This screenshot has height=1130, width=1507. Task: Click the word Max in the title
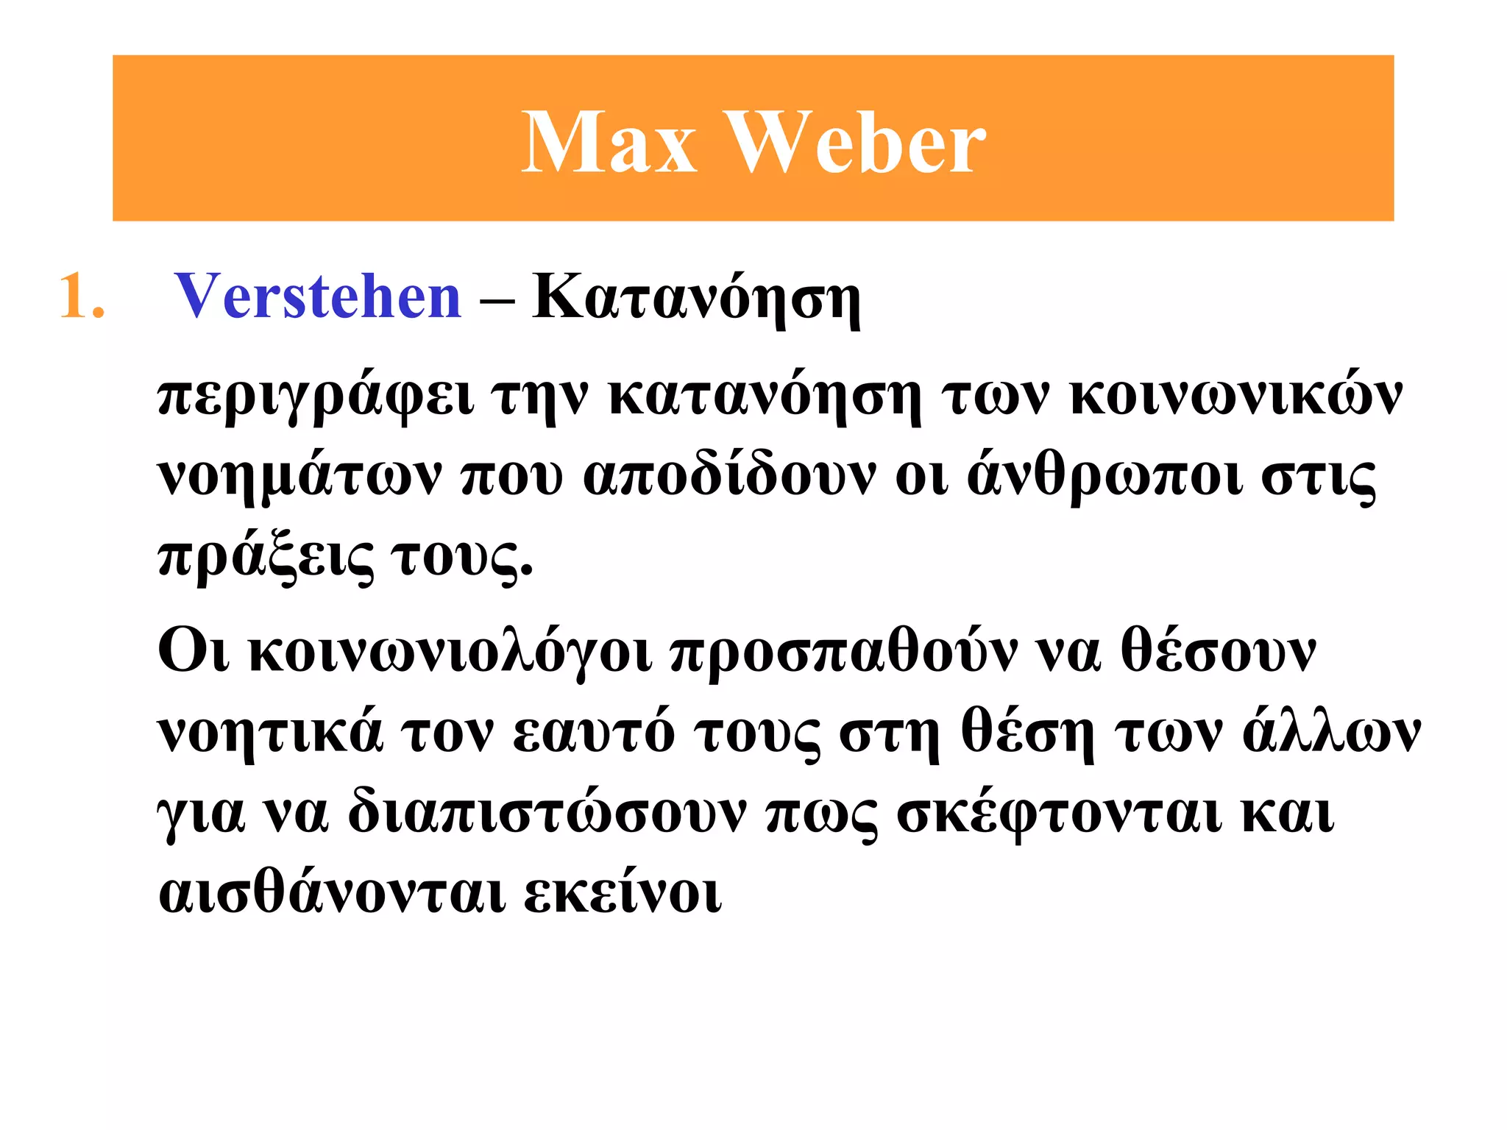[609, 143]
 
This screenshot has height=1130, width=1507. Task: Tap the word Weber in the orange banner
[857, 143]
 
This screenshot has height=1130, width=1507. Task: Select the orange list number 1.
[81, 296]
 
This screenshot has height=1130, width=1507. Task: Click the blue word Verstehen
[318, 296]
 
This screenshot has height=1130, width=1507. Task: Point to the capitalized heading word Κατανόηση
[696, 298]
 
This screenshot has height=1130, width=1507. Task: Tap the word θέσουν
[1218, 652]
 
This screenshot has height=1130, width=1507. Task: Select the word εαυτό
[593, 731]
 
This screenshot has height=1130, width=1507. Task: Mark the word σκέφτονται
[1060, 813]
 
